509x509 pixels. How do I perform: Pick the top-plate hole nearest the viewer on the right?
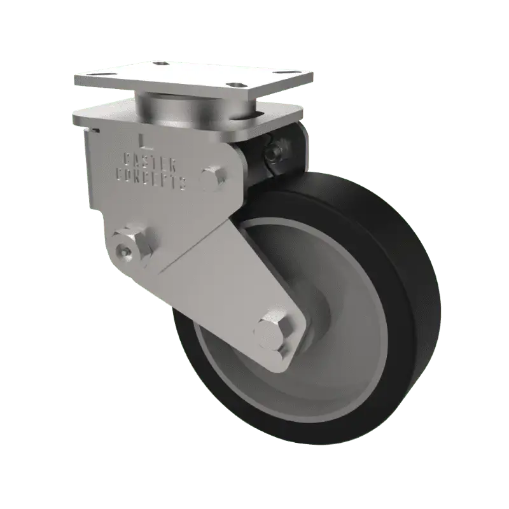239,85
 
